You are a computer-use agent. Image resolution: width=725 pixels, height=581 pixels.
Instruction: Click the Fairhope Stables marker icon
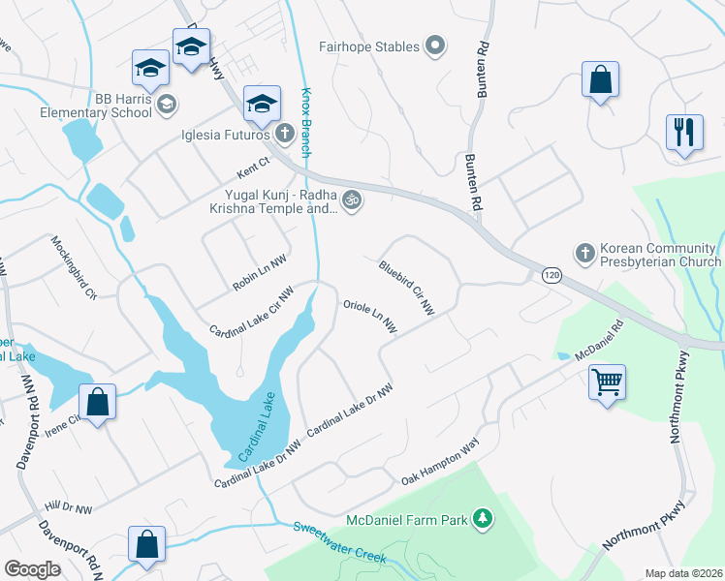click(x=435, y=45)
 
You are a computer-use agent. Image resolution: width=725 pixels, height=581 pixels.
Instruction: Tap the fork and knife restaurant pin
click(x=684, y=132)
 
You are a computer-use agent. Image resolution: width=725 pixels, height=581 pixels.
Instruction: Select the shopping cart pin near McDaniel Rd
click(x=607, y=382)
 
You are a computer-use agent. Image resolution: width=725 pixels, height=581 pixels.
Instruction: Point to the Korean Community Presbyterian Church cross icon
click(x=584, y=252)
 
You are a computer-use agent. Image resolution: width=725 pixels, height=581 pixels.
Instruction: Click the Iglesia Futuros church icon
click(x=284, y=133)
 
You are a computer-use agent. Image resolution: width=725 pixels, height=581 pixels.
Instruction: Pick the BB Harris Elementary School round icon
click(x=167, y=105)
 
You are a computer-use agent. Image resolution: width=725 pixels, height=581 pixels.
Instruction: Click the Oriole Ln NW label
click(x=370, y=317)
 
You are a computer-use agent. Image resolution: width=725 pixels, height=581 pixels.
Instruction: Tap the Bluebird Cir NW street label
click(x=406, y=287)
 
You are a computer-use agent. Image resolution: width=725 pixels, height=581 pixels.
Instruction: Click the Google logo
click(x=32, y=569)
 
